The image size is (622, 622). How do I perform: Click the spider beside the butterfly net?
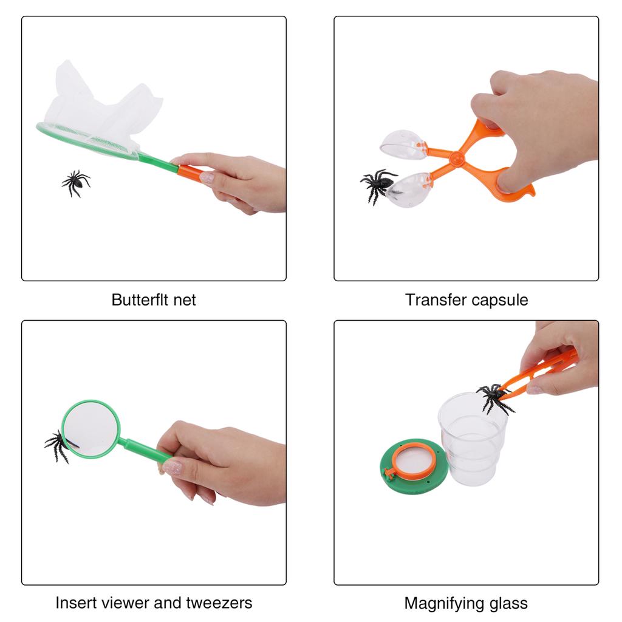click(x=75, y=182)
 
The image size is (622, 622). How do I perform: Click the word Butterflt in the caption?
click(x=137, y=299)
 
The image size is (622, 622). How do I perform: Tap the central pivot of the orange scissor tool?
click(x=457, y=158)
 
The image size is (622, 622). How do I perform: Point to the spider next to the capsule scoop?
click(x=377, y=184)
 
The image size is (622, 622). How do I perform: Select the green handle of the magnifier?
click(x=143, y=450)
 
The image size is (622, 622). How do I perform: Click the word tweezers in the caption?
click(x=222, y=603)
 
